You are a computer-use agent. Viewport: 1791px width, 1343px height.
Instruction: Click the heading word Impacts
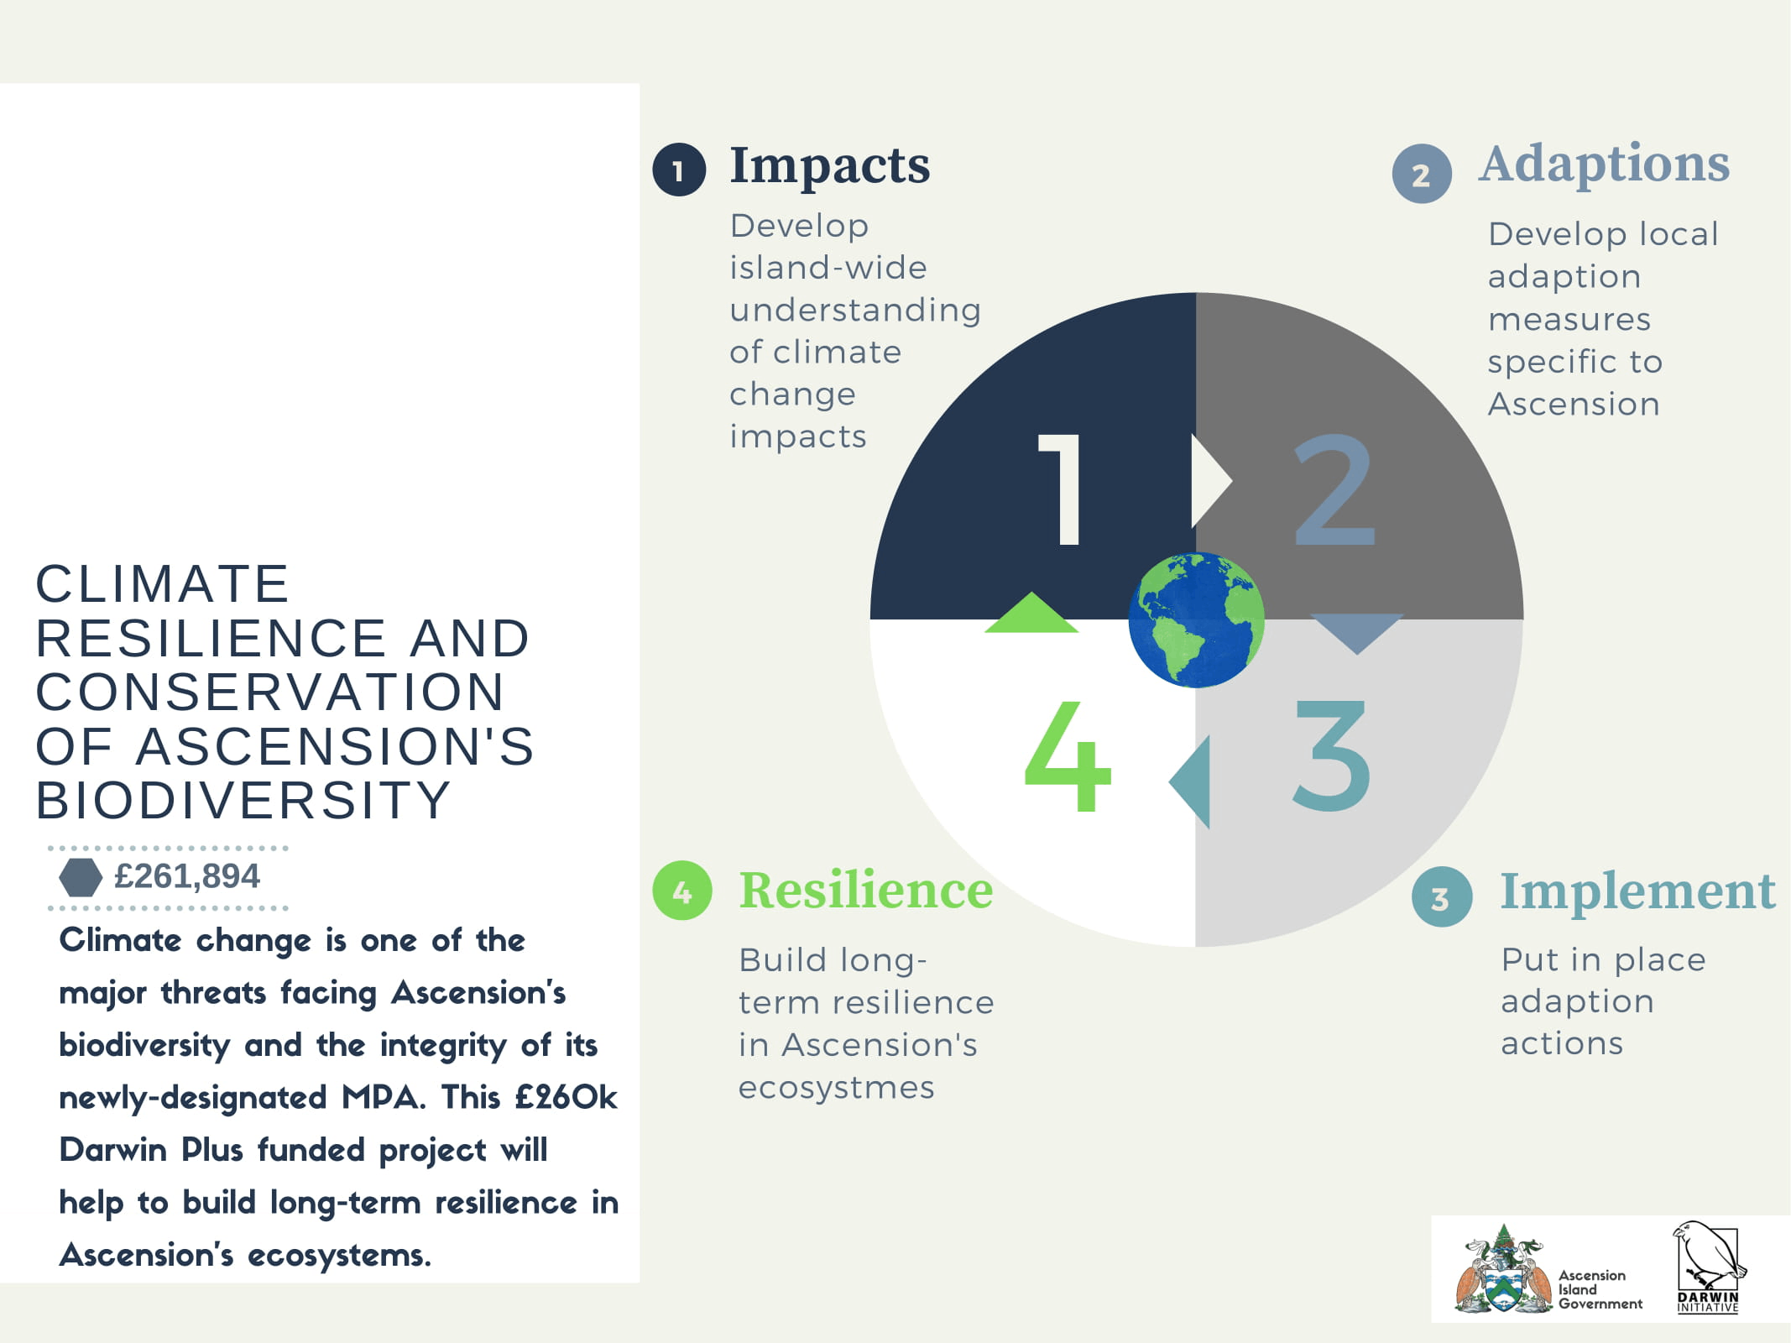pyautogui.click(x=829, y=165)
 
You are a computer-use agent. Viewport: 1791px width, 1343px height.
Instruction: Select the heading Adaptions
pyautogui.click(x=1605, y=165)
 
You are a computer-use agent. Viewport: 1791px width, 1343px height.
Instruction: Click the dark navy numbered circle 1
pyautogui.click(x=679, y=170)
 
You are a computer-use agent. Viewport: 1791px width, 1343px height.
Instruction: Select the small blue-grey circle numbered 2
pyautogui.click(x=1422, y=174)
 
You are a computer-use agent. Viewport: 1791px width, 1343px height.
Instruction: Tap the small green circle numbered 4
pyautogui.click(x=682, y=891)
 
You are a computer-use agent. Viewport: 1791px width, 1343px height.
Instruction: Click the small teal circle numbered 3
pyautogui.click(x=1442, y=897)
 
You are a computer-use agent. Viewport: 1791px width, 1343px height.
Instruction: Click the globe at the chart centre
pyautogui.click(x=1196, y=619)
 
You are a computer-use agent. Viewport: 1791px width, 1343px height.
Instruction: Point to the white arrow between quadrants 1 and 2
pyautogui.click(x=1210, y=481)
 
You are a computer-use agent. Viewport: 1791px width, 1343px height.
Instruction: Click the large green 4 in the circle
pyautogui.click(x=1068, y=757)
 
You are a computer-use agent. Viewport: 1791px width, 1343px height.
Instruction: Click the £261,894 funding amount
pyautogui.click(x=186, y=876)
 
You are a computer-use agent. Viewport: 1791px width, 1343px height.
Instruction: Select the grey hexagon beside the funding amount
pyautogui.click(x=81, y=877)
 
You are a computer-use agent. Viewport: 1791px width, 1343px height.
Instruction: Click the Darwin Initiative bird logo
pyautogui.click(x=1708, y=1267)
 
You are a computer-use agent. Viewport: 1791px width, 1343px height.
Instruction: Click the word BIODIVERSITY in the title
pyautogui.click(x=243, y=800)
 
